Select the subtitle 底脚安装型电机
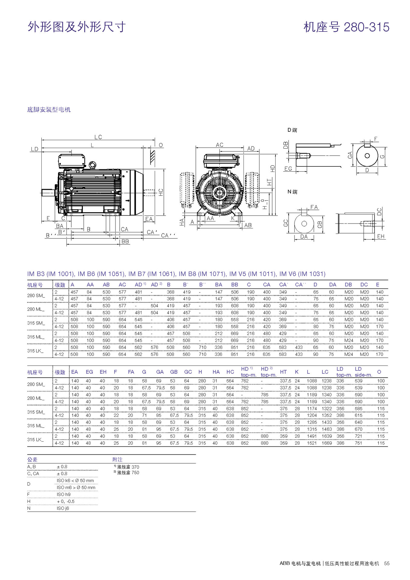(x=49, y=110)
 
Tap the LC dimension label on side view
(x=98, y=137)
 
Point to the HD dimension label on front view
(x=273, y=168)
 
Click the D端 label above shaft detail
(x=292, y=130)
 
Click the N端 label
(x=292, y=192)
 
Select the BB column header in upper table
(x=234, y=285)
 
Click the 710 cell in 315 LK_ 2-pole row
(x=202, y=347)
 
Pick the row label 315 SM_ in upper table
(x=36, y=323)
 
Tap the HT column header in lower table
(x=283, y=372)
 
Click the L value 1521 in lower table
(x=312, y=443)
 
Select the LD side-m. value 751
(x=358, y=443)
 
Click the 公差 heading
(x=32, y=459)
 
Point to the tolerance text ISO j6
(x=63, y=508)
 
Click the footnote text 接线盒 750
(x=128, y=472)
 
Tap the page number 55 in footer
(x=387, y=563)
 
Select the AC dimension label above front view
(x=220, y=145)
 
